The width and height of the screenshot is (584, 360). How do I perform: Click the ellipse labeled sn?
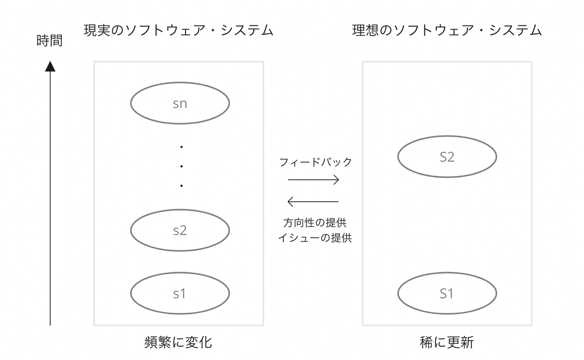(x=180, y=103)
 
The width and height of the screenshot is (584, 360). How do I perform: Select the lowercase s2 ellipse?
(x=180, y=230)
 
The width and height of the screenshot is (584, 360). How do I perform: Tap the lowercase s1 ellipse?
(x=180, y=293)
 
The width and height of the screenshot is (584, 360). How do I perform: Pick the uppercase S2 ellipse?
(x=447, y=157)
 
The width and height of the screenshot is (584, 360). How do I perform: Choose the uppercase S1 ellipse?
(x=447, y=293)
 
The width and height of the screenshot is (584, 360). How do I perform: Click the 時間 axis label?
(x=49, y=41)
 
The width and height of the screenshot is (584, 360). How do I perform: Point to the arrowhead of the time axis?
(x=50, y=66)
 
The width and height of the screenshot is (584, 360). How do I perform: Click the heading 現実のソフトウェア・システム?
(x=178, y=30)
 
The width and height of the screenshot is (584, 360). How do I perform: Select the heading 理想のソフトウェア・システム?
(x=447, y=30)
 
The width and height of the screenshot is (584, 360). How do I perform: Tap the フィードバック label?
(x=316, y=162)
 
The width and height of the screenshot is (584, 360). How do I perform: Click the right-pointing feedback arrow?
(x=313, y=180)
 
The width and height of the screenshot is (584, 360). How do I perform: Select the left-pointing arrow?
(x=313, y=201)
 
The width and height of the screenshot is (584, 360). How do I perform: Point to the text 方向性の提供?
(x=315, y=223)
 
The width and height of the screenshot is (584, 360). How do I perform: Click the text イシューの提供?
(x=315, y=238)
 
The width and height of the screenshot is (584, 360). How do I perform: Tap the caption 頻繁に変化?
(x=178, y=342)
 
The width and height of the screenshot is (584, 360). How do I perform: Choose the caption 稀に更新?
(x=447, y=342)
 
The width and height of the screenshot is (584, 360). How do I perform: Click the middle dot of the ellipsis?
(x=181, y=166)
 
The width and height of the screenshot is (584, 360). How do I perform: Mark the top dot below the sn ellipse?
(x=181, y=147)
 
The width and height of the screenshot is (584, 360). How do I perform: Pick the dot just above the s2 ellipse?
(x=181, y=186)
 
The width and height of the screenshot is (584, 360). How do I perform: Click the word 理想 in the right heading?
(x=365, y=30)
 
